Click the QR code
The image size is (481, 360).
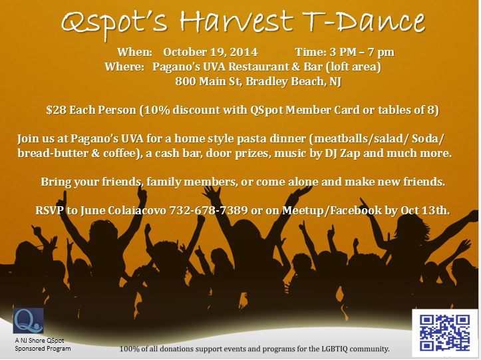click(444, 333)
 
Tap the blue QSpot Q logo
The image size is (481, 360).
click(28, 321)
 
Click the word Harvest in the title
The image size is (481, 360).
click(237, 21)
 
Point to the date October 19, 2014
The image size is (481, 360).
click(210, 52)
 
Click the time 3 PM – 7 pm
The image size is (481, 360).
click(362, 52)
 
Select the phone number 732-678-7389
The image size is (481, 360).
click(209, 210)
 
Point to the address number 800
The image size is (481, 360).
click(185, 81)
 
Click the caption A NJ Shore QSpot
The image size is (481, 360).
click(39, 340)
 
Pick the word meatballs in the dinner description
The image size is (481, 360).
click(338, 138)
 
